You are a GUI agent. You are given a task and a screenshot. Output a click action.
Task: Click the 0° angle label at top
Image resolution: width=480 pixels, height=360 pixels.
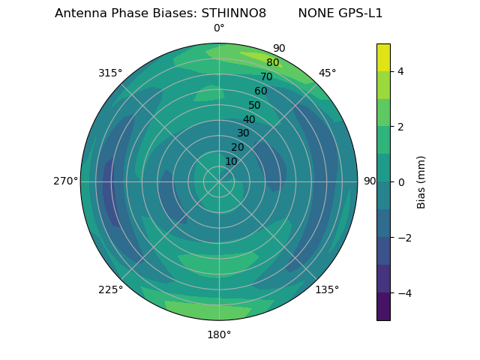tap(219, 28)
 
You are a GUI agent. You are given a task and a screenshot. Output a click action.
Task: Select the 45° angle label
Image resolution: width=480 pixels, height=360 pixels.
tap(327, 73)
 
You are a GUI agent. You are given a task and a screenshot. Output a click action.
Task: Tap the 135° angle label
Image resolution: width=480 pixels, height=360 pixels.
tap(327, 289)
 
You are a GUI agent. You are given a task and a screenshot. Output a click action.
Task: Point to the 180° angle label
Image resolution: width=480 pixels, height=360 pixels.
tap(219, 334)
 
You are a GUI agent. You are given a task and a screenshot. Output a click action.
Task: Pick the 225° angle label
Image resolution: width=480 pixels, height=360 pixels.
tap(110, 289)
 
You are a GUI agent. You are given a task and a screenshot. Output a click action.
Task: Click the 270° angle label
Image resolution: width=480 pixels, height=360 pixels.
tap(64, 181)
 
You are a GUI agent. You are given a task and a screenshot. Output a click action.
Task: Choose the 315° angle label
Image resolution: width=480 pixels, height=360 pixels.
tap(110, 73)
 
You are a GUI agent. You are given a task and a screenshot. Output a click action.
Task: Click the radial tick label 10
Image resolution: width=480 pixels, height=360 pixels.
tap(231, 161)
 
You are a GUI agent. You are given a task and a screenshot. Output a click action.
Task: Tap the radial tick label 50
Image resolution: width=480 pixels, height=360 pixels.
tap(255, 105)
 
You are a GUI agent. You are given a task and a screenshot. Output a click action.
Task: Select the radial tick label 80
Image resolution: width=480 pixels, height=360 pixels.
tap(272, 63)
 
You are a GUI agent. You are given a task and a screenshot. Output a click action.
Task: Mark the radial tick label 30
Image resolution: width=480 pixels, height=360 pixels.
tap(243, 133)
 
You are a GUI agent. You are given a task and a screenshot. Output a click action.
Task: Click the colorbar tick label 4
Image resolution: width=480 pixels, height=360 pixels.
tap(400, 71)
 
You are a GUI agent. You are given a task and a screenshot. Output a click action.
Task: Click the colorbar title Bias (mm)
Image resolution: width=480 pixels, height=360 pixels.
tap(421, 182)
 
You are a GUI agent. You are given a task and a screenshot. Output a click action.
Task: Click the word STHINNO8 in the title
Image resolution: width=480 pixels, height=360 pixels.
tap(233, 13)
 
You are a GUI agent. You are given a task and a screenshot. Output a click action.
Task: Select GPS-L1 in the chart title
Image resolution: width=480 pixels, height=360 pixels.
tap(358, 13)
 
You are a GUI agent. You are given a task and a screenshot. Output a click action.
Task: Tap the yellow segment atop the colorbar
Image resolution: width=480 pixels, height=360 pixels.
tap(383, 57)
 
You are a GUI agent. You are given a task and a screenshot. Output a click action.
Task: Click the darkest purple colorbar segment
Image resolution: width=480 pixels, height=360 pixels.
tap(383, 307)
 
